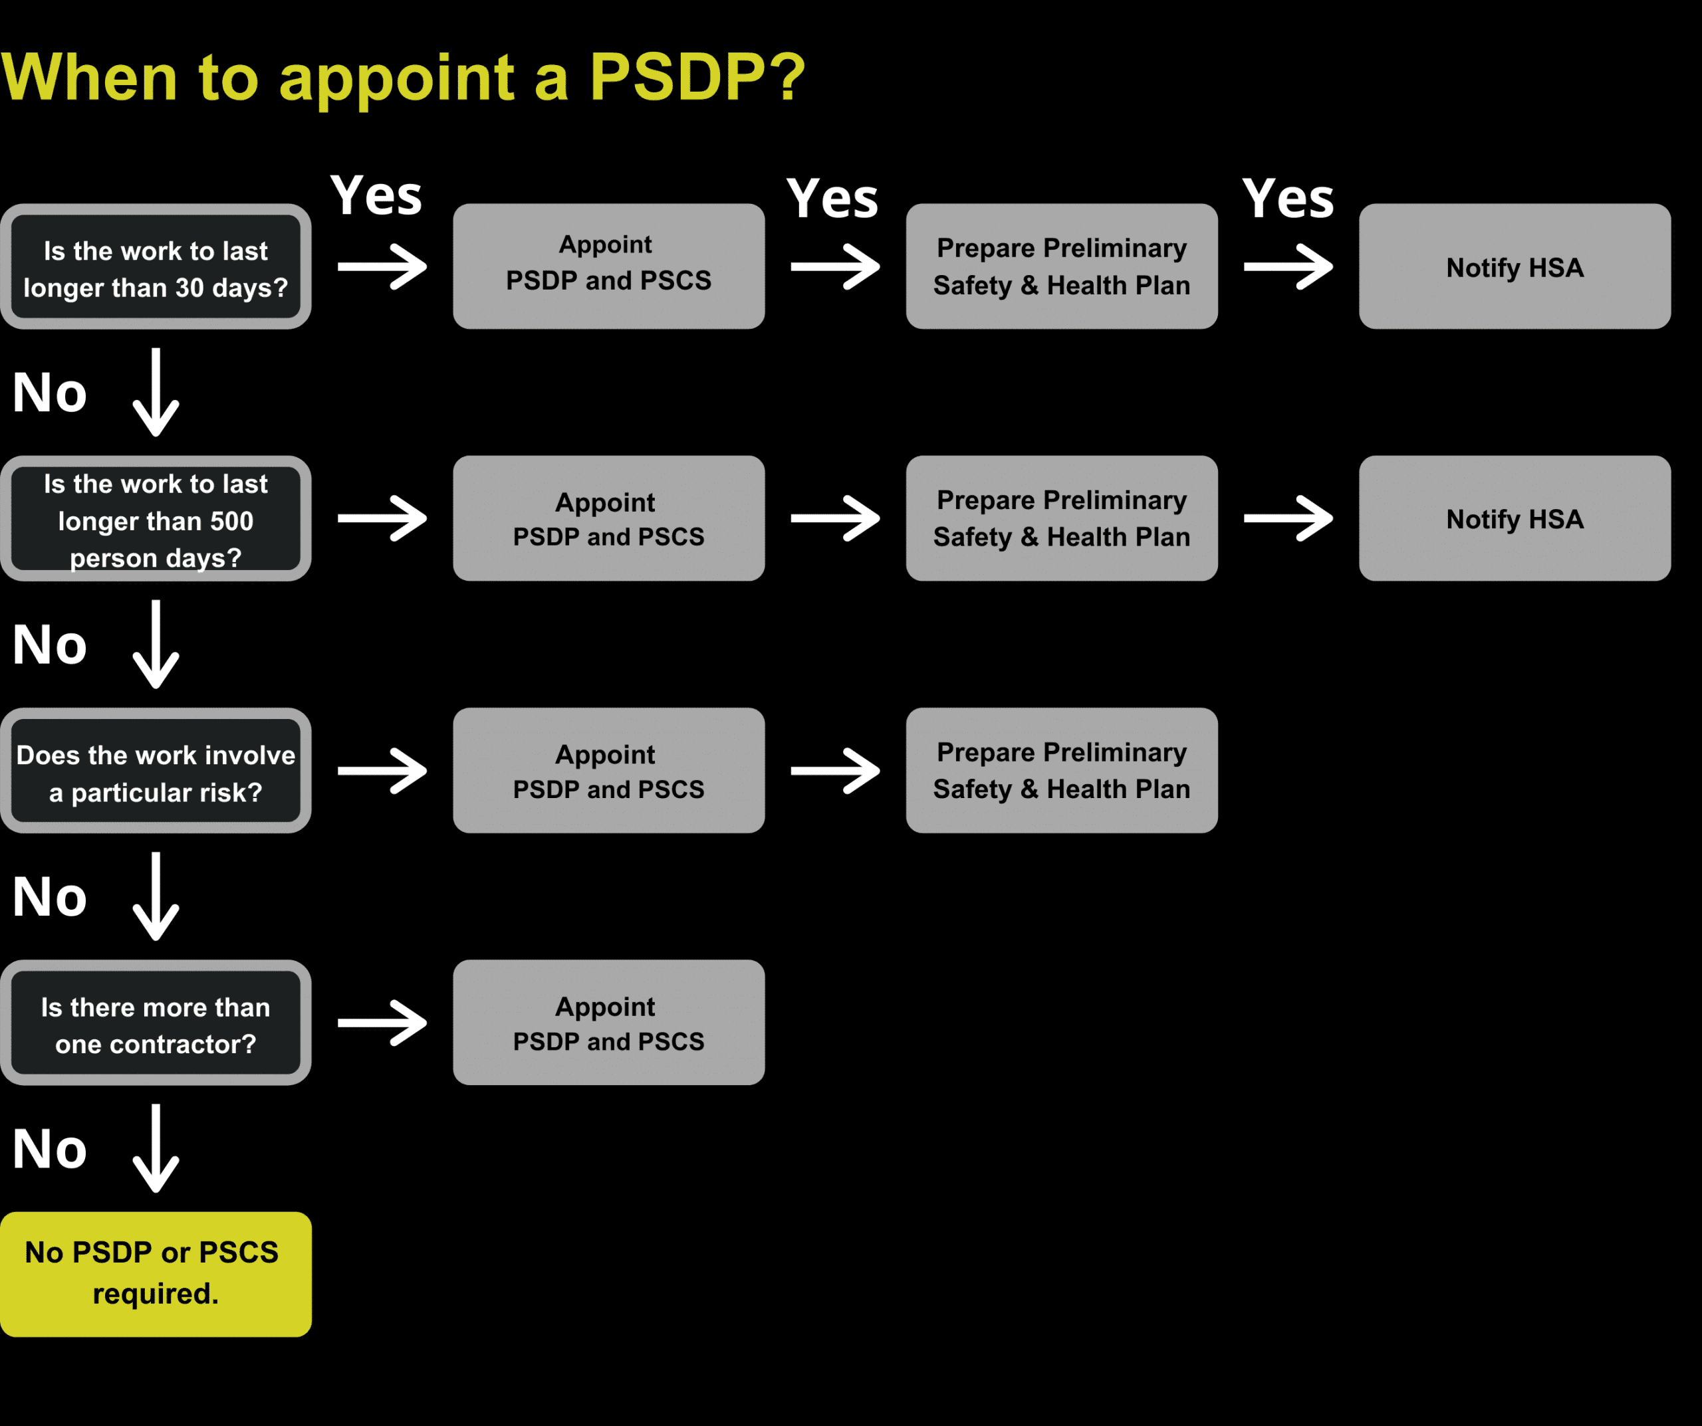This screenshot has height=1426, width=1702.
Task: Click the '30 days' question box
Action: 156,266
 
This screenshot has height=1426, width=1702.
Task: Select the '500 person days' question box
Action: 156,518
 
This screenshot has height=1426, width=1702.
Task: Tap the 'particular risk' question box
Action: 156,771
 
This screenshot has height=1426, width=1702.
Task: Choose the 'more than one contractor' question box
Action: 156,1023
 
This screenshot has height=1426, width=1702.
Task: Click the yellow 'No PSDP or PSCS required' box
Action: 156,1274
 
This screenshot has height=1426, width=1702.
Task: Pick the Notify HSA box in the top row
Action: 1514,266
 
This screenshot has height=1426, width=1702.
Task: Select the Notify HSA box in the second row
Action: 1514,518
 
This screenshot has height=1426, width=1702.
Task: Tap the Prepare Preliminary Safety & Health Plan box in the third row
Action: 1062,771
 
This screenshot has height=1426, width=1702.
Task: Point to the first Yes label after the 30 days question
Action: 376,196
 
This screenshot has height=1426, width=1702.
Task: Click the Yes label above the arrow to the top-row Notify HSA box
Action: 1287,199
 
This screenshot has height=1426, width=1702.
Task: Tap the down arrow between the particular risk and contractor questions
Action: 156,896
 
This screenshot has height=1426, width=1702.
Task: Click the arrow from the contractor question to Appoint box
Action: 382,1023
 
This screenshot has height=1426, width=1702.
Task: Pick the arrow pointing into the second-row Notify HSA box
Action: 1288,518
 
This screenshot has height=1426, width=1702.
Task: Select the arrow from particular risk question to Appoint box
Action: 382,771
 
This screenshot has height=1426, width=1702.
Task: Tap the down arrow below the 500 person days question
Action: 156,644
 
